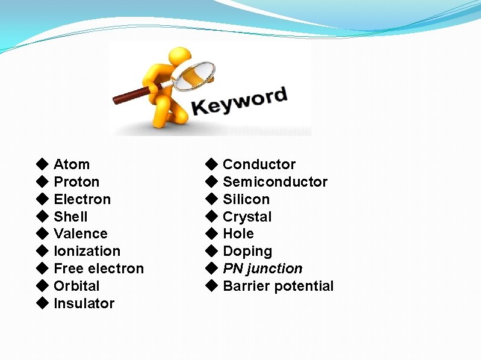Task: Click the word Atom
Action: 72,164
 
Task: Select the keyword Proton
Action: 76,182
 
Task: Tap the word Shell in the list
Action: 70,217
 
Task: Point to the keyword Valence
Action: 81,234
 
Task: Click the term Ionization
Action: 87,251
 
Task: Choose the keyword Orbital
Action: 76,286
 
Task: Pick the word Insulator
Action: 84,303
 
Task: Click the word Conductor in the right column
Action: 259,164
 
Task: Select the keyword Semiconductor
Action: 275,182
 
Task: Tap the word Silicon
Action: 246,199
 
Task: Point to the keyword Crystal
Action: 247,217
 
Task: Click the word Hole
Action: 238,234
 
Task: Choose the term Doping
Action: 247,251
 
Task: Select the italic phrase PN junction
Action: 262,268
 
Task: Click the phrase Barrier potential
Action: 278,286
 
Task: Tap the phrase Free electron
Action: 99,268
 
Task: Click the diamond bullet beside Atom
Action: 42,164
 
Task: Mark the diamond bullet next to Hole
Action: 211,233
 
